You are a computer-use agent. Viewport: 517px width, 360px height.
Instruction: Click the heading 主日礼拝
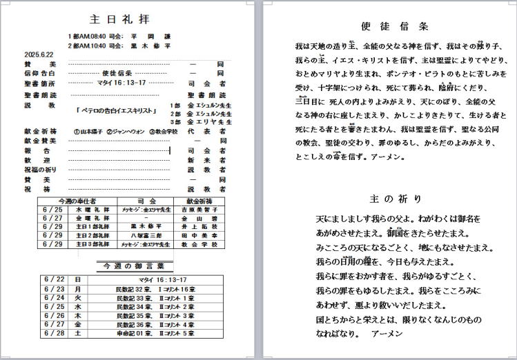point(119,19)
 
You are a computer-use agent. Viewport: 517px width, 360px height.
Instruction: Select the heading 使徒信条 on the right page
point(395,26)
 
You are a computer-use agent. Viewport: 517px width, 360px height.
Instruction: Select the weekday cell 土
point(78,333)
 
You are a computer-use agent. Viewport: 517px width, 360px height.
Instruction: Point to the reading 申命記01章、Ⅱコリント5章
point(150,333)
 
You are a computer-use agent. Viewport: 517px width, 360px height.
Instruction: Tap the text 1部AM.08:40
point(87,35)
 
